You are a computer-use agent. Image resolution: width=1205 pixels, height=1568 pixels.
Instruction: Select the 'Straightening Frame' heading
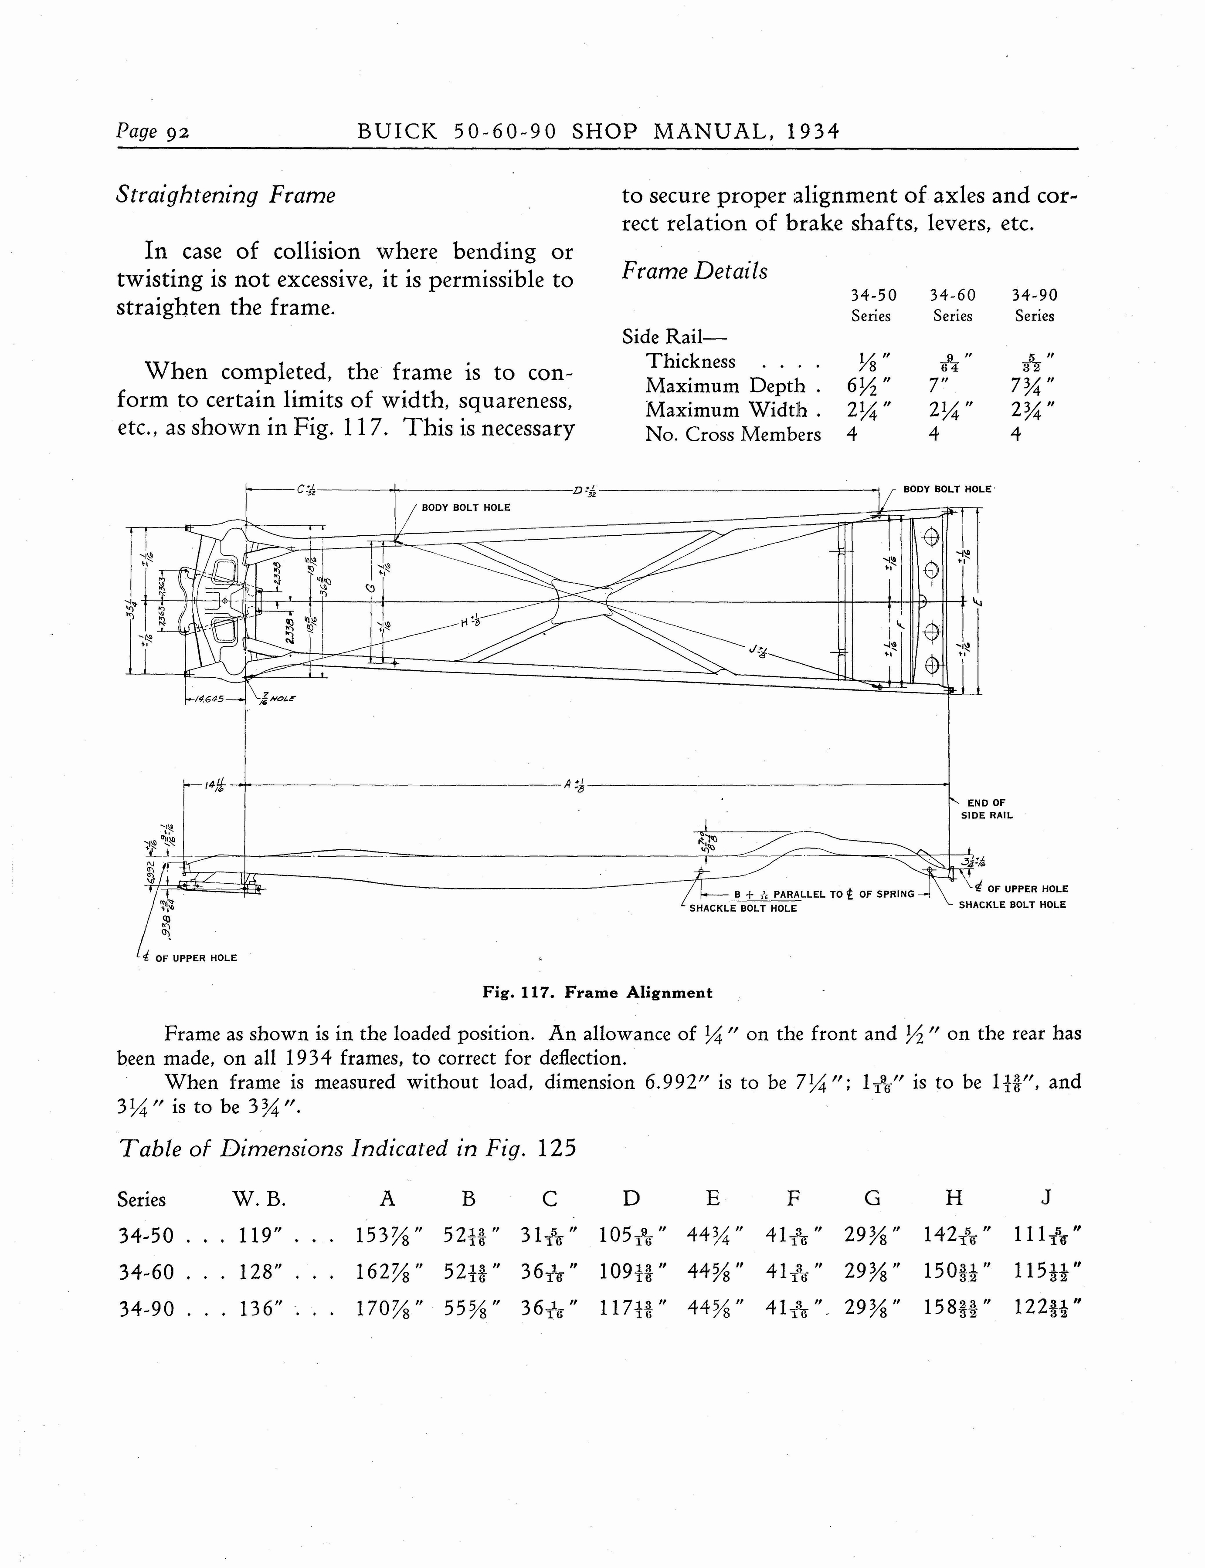225,195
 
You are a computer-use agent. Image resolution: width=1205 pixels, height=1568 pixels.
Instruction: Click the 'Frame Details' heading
694,271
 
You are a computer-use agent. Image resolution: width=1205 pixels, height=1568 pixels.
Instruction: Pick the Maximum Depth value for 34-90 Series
1034,386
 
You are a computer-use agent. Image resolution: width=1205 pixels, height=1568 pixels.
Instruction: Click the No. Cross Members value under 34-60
934,435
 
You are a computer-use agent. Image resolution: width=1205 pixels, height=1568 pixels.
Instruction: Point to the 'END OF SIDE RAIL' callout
987,809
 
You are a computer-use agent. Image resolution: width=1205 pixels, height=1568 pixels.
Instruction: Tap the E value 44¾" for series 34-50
714,1235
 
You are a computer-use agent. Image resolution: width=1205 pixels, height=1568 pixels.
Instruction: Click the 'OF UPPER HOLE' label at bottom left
196,958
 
